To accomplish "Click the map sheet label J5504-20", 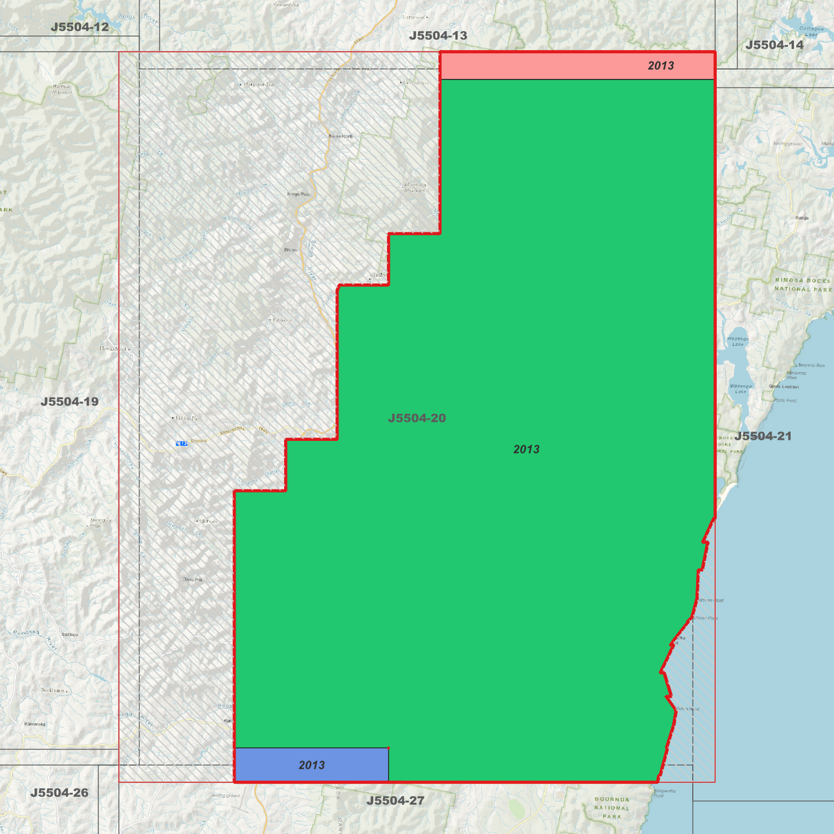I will click(x=417, y=418).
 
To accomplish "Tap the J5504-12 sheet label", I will click(x=80, y=27).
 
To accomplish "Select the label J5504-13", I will click(x=438, y=35).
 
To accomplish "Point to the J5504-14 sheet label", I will click(x=774, y=44).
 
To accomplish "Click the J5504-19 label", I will click(x=69, y=401).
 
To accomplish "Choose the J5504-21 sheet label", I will click(x=763, y=436).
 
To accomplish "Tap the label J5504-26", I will click(x=59, y=792).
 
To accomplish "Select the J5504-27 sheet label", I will click(x=395, y=801).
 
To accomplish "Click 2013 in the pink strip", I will click(x=661, y=65).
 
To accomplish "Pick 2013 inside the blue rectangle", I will click(x=312, y=765).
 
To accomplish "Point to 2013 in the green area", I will click(x=526, y=449).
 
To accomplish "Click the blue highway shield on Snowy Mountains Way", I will click(x=182, y=443).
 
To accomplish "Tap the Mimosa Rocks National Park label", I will click(x=803, y=285).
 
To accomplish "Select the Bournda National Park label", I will click(x=612, y=807).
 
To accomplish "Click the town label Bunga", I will click(x=802, y=218).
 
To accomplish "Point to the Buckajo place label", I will click(x=70, y=634).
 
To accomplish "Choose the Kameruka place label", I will click(x=35, y=724).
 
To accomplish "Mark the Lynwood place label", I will click(x=413, y=17).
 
